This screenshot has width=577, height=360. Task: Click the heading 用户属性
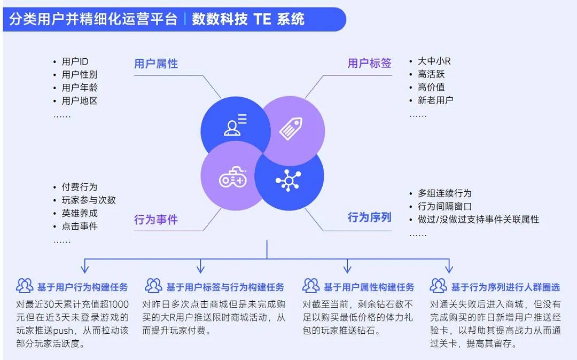pyautogui.click(x=156, y=64)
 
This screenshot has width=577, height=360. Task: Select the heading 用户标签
pyautogui.click(x=369, y=64)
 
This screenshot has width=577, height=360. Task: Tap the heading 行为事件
pyautogui.click(x=156, y=220)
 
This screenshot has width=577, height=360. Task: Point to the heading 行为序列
pyautogui.click(x=369, y=217)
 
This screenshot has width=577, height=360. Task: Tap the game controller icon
pyautogui.click(x=233, y=180)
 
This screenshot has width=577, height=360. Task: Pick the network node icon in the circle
pyautogui.click(x=288, y=181)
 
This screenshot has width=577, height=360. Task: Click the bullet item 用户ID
pyautogui.click(x=75, y=61)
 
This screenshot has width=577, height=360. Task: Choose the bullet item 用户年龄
pyautogui.click(x=80, y=88)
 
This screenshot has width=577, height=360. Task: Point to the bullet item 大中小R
pyautogui.click(x=434, y=61)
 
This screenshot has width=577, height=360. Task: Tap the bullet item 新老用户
pyautogui.click(x=435, y=100)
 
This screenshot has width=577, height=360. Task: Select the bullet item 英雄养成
pyautogui.click(x=80, y=213)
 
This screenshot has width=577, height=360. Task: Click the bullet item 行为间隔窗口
pyautogui.click(x=445, y=206)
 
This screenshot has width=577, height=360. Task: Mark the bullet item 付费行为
pyautogui.click(x=80, y=187)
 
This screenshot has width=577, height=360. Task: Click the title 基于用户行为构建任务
pyautogui.click(x=82, y=287)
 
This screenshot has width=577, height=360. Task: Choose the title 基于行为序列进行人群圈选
pyautogui.click(x=505, y=287)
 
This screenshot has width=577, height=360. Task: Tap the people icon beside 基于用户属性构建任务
pyautogui.click(x=311, y=286)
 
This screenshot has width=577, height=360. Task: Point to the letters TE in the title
pyautogui.click(x=262, y=20)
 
